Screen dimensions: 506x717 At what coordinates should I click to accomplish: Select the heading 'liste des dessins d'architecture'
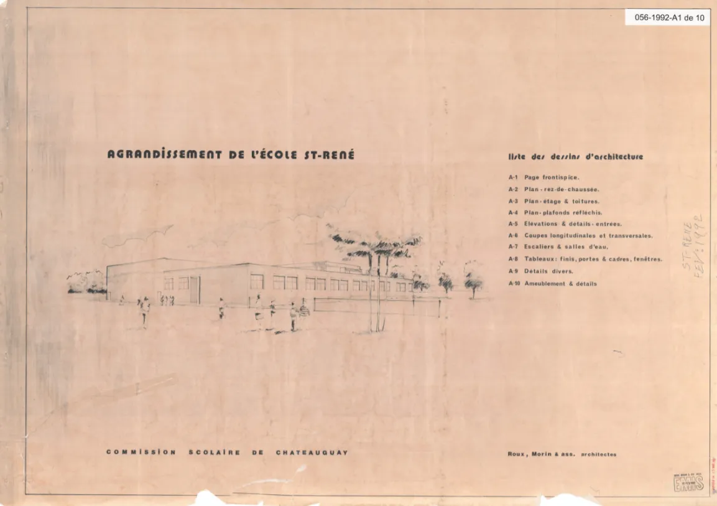point(575,157)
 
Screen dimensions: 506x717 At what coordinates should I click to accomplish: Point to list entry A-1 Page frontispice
point(544,177)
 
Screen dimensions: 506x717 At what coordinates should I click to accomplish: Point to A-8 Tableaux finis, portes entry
point(585,259)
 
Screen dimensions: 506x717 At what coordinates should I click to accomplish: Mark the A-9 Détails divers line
point(540,271)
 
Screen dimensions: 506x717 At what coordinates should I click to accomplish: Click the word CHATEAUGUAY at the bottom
point(311,452)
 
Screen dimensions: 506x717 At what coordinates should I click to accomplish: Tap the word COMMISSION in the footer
point(141,452)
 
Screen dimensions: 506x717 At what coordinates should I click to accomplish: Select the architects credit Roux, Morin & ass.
point(562,454)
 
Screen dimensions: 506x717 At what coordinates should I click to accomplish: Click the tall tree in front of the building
point(375,261)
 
